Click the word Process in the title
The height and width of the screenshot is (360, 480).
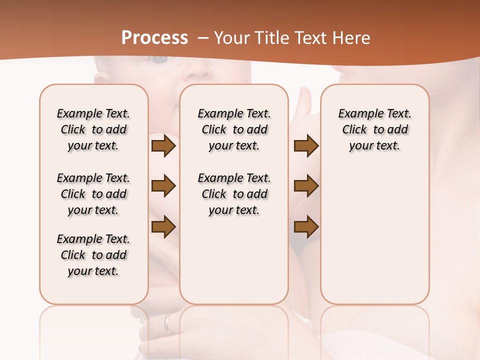coord(154,38)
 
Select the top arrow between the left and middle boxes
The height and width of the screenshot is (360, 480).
coord(163,146)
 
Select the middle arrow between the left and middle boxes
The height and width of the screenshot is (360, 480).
coord(163,186)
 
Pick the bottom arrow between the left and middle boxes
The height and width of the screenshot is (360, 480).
coord(163,227)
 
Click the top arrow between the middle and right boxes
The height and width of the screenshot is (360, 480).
coord(306,146)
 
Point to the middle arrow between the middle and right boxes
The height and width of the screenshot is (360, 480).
coord(306,186)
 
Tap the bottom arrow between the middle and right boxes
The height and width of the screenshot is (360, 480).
coord(306,227)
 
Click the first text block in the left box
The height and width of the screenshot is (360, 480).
coord(93,129)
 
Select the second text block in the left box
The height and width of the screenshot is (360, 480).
coord(93,194)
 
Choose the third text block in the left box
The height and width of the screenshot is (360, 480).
coord(93,255)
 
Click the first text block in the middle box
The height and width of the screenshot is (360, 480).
coord(234,129)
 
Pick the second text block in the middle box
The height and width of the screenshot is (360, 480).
coord(234,194)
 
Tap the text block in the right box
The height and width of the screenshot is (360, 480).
coord(374,129)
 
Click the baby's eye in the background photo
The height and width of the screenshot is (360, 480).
coord(160,59)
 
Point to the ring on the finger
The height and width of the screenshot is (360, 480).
coord(167,322)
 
